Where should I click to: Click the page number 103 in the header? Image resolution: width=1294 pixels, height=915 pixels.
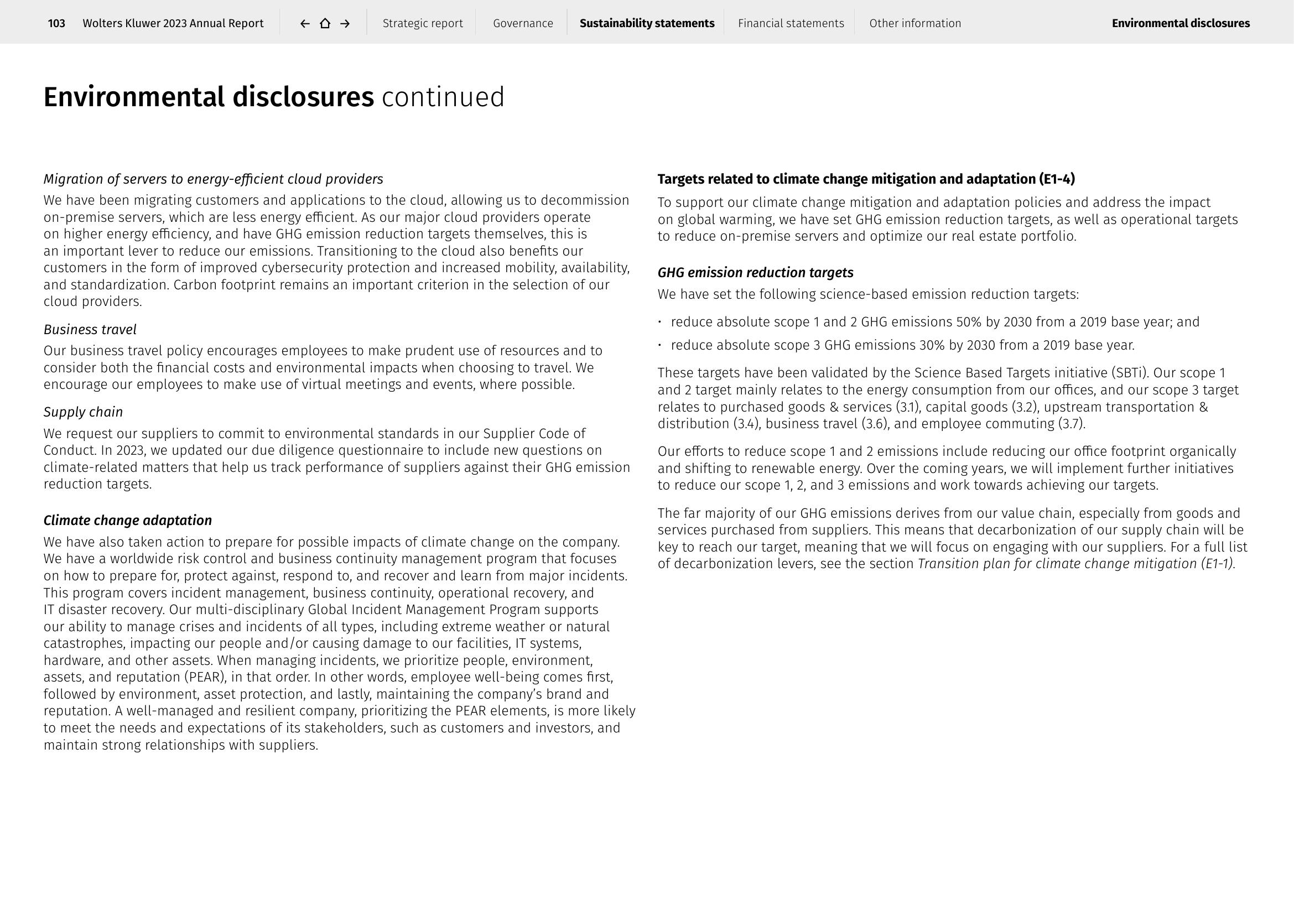(56, 23)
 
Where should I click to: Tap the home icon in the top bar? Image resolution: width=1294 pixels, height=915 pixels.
(325, 23)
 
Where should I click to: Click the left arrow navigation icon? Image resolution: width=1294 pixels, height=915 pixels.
(305, 23)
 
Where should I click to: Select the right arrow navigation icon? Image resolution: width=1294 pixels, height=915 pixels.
(345, 23)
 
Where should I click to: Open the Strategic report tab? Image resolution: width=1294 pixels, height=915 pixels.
(423, 23)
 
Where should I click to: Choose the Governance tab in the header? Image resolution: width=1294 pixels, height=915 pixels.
(523, 23)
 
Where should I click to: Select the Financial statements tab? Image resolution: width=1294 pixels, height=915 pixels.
(791, 23)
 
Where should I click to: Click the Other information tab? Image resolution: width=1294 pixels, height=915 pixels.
(914, 23)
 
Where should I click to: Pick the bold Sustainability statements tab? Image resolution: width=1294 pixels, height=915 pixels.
(646, 23)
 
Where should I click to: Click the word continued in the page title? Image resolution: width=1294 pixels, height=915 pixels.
(443, 97)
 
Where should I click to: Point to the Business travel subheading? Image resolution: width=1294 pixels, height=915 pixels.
(90, 330)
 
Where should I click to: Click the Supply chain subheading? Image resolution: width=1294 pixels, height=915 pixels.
(84, 412)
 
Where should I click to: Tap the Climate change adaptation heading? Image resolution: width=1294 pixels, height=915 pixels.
(128, 520)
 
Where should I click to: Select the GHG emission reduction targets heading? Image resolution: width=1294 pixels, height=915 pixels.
(755, 273)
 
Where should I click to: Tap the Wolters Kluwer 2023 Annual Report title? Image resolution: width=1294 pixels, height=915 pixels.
(173, 23)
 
